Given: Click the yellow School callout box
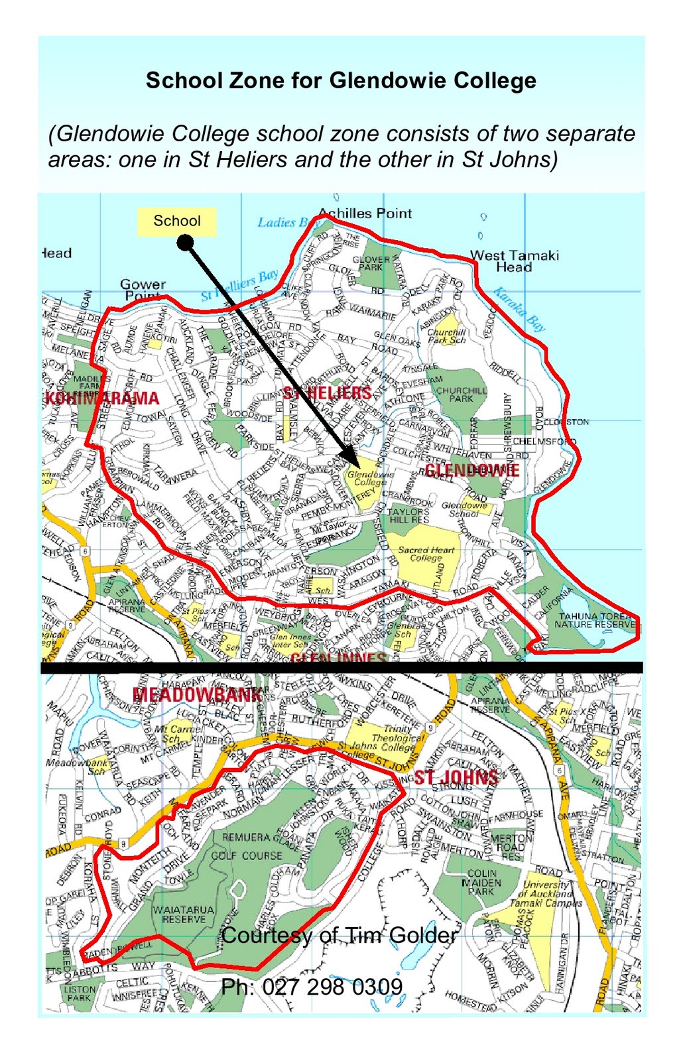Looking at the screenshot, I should point(176,221).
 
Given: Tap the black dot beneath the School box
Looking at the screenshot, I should point(186,243).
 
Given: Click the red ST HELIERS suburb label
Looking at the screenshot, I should point(328,393).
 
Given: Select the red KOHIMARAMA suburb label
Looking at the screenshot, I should point(102,399).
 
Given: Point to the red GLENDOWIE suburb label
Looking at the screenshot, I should point(471,470).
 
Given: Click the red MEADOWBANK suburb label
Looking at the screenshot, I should point(197,694).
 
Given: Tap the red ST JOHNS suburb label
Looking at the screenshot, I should point(456,777).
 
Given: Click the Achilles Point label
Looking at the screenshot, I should point(365,214).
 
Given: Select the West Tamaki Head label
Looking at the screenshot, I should point(515,261).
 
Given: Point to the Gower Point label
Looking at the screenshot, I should point(143,289).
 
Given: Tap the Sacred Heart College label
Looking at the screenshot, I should point(426,554).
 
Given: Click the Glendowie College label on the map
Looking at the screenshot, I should point(370,478).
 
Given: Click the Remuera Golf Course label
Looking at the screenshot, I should point(247,846).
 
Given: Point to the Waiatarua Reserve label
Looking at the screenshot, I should point(184,914).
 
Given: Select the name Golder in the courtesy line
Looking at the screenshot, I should point(422,935).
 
